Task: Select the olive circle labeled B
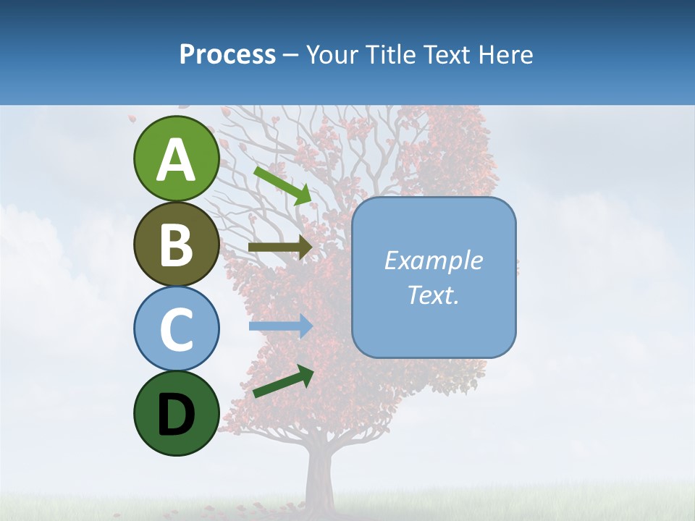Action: pos(176,244)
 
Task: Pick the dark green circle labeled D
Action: pos(176,413)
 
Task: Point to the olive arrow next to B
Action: pos(280,247)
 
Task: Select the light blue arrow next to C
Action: pos(280,326)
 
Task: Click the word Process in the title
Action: pos(227,54)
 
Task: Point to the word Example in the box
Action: pos(434,260)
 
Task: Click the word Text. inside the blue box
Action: pos(434,295)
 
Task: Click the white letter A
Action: pos(176,160)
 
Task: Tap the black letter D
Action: pos(176,415)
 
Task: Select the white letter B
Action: pos(176,245)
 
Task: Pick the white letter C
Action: pos(176,329)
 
